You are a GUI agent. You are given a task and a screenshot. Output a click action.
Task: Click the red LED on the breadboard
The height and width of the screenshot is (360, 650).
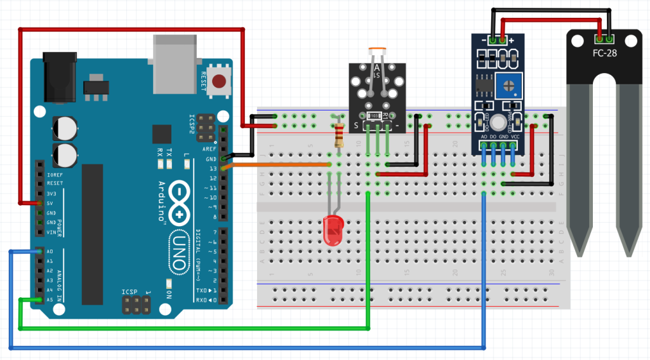tap(332, 230)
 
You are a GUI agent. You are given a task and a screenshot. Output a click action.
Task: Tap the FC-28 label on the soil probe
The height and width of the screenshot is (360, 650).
tap(605, 54)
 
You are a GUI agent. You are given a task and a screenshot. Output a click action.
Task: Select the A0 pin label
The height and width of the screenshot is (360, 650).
tap(50, 251)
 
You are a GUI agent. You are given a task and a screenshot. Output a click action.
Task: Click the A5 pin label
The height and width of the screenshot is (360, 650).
tap(50, 300)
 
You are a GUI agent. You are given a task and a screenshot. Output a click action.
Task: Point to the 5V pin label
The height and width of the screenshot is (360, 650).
tap(50, 203)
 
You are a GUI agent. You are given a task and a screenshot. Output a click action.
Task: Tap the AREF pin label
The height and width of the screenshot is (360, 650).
tap(209, 148)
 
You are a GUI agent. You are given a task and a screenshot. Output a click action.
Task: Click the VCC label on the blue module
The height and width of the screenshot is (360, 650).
tap(515, 136)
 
